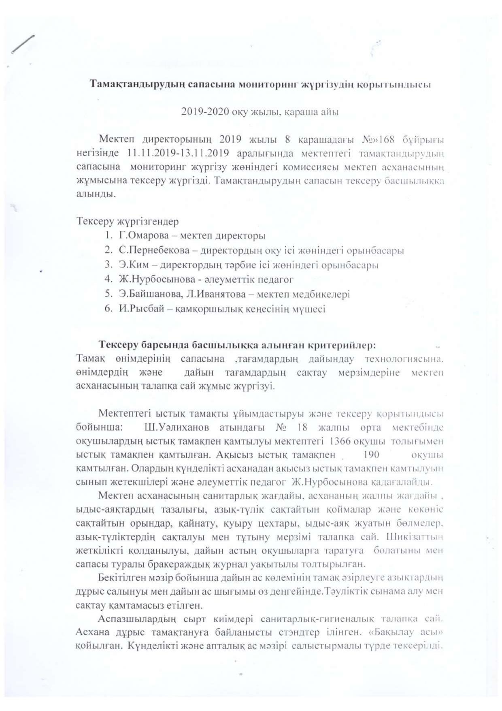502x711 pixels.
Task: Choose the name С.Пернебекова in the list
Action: coord(154,251)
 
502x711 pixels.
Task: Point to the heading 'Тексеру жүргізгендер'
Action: coord(128,222)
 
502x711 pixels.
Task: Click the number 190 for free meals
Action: coord(372,455)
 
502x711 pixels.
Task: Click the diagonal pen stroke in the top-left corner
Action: coord(23,44)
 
